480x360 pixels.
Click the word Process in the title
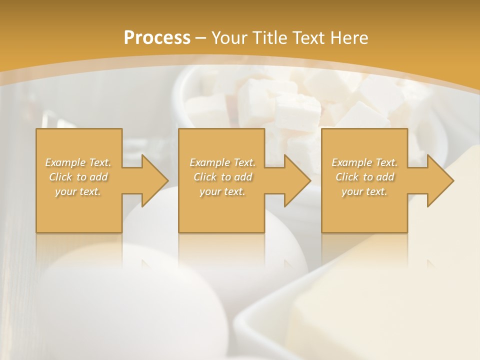point(157,37)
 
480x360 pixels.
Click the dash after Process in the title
point(200,38)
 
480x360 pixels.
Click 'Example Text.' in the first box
point(78,162)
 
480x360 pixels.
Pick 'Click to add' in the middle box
point(222,177)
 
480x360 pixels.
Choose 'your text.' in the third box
point(364,191)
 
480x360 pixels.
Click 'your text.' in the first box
point(78,191)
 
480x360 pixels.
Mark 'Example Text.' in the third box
point(364,162)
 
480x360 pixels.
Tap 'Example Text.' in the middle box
point(222,162)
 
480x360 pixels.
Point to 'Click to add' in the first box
point(78,177)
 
